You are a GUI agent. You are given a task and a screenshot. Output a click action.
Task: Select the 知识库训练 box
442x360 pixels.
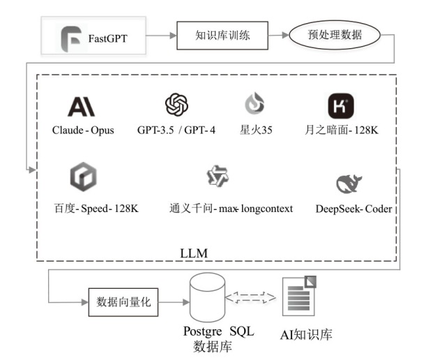pos(222,36)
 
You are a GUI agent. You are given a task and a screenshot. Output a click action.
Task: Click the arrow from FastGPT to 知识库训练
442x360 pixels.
pos(162,36)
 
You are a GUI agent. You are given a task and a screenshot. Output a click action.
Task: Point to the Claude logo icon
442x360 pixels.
pos(81,106)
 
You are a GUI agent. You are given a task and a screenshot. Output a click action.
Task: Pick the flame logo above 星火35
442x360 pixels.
pos(254,104)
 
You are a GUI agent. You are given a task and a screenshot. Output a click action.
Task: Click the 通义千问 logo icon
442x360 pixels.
pos(217,177)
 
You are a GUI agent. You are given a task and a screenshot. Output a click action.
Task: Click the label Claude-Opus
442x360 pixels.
pos(83,130)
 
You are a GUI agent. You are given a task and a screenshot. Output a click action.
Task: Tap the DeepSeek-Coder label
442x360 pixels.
pos(353,209)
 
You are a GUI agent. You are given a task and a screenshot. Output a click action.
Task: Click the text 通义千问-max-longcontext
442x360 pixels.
pos(231,209)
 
